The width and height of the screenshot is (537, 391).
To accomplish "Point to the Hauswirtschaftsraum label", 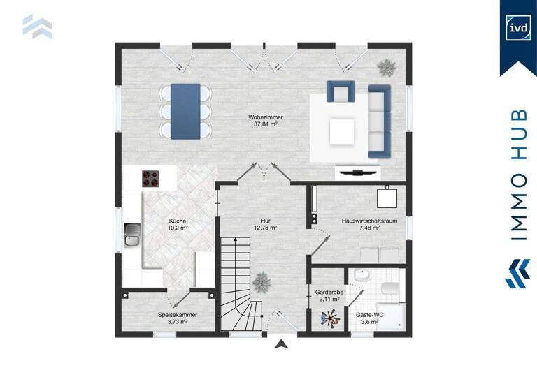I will point(360,223).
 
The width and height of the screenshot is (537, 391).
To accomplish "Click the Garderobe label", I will point(327,295).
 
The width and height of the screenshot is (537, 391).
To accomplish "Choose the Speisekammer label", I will point(178,318).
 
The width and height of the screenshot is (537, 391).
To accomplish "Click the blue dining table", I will point(185,110).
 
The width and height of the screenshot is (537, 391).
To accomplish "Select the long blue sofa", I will point(378,120).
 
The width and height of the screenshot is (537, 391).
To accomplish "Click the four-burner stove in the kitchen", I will point(150,179).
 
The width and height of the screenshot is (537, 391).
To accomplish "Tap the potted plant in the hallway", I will point(262,282).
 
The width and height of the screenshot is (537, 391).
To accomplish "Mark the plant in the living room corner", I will point(386,67).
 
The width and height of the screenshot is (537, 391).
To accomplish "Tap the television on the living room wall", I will point(359,170).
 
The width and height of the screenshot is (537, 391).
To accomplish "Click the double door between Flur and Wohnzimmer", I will point(261,172).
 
